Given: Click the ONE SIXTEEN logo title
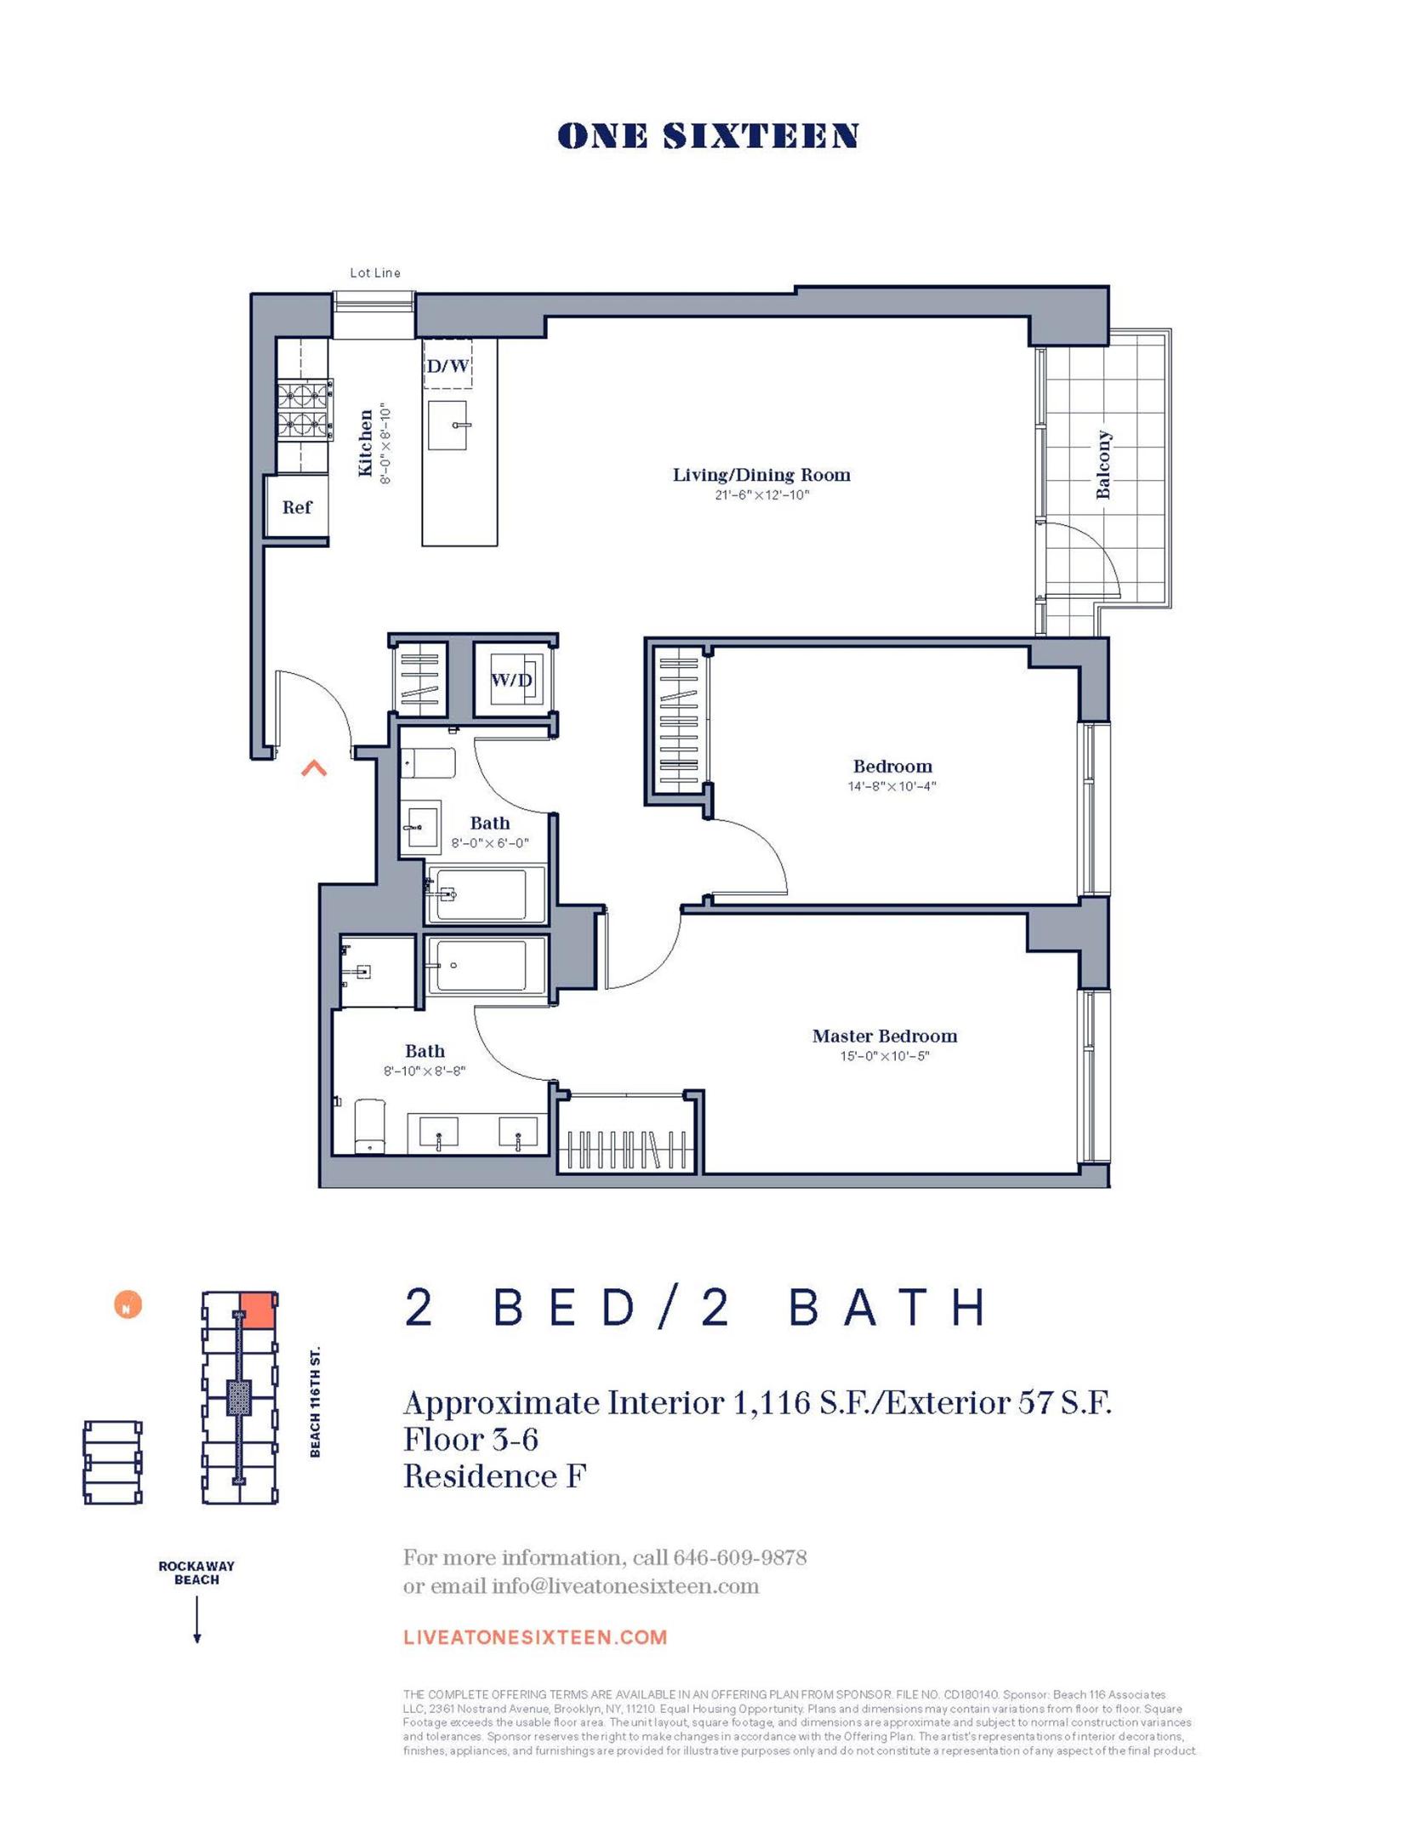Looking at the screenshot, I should click(708, 136).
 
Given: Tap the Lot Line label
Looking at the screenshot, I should click(375, 273).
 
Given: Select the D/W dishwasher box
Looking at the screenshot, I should click(447, 367).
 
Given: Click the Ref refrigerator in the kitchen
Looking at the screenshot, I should click(297, 507).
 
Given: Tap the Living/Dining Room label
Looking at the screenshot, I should click(761, 476).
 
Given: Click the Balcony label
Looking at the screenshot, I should click(1103, 465).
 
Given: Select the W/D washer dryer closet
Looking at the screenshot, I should click(512, 680).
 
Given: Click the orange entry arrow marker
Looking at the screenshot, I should click(314, 768).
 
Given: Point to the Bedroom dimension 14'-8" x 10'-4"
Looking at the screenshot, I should click(892, 786).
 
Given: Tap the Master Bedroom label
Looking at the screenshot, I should click(884, 1036).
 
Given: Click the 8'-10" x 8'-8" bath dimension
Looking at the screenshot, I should click(425, 1071).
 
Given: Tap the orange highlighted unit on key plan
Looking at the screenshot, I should click(257, 1310).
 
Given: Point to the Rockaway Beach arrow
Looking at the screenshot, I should click(197, 1619).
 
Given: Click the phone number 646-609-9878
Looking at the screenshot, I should click(739, 1558).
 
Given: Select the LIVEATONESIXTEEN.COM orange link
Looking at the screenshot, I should click(535, 1637).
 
